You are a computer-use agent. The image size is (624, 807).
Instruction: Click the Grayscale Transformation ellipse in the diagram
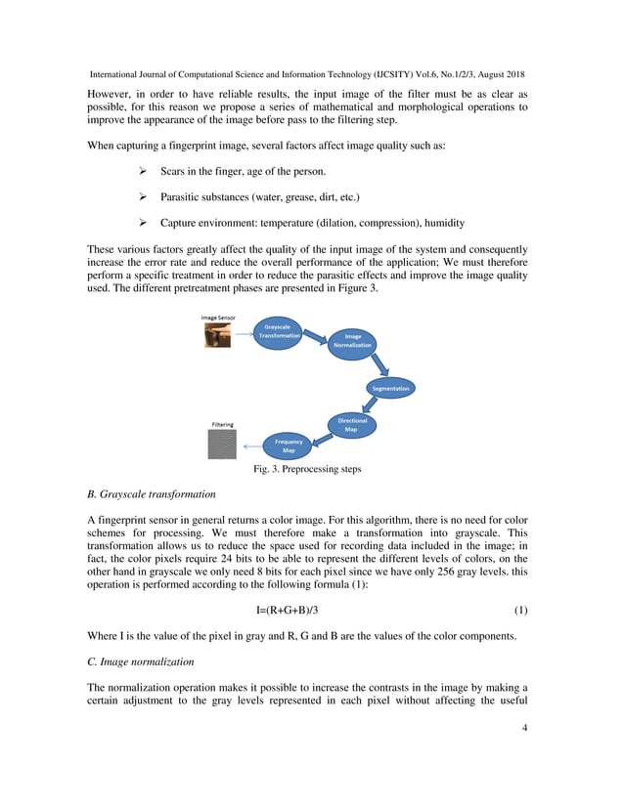[278, 331]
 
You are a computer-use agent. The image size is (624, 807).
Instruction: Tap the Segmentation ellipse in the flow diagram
[390, 388]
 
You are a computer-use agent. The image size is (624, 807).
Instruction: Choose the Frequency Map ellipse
[289, 446]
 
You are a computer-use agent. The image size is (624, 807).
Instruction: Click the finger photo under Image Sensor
[217, 335]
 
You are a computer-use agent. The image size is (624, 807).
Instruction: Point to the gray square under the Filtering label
[222, 445]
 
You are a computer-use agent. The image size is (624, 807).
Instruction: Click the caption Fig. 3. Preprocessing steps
[307, 469]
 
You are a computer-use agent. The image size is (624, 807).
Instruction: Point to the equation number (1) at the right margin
[520, 611]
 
